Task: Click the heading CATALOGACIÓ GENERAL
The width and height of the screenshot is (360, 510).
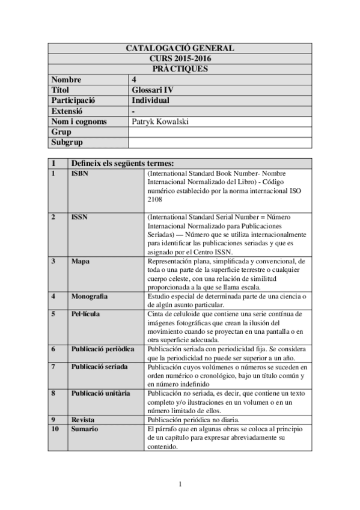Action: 180,48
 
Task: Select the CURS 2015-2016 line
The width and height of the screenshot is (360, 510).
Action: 180,58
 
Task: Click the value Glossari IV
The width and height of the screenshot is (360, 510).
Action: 152,90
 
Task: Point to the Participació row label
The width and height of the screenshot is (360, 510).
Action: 74,100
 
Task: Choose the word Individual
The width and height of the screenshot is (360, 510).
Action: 150,100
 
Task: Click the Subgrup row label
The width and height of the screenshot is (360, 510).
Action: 67,143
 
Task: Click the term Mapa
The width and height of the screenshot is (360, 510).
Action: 81,261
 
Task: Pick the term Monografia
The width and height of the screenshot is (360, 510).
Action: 90,296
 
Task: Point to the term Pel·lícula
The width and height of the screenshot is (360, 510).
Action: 86,314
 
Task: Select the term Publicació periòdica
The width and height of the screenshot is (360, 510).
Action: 103,349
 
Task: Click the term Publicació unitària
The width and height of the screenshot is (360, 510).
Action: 100,393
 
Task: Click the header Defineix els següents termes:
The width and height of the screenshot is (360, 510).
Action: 123,163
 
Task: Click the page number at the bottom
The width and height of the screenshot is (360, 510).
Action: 180,484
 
